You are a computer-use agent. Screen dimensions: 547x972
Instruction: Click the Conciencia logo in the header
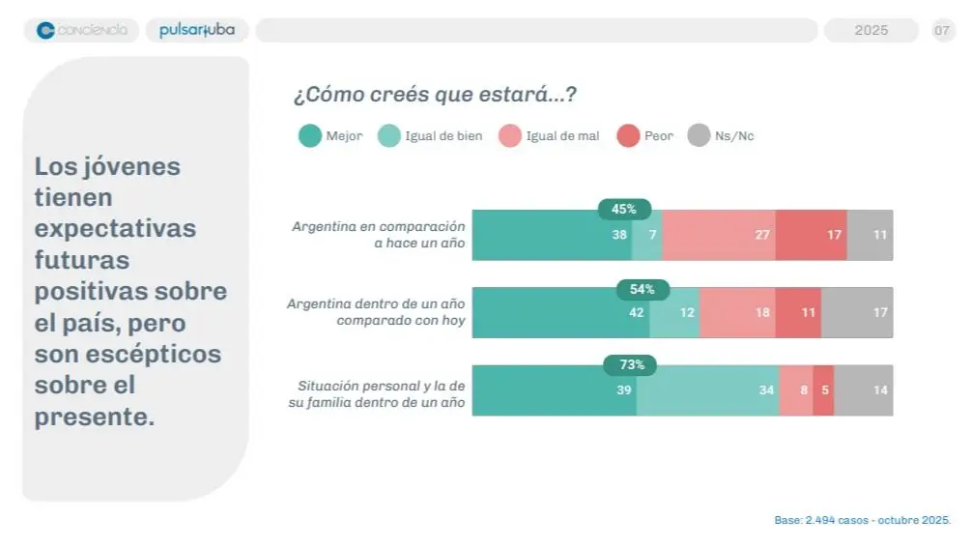[81, 30]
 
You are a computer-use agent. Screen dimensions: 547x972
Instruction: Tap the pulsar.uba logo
[197, 30]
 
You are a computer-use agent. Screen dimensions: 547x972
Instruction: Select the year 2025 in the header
[871, 30]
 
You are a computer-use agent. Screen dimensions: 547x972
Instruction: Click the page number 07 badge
[942, 30]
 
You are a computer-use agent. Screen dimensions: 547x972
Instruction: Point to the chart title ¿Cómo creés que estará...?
[435, 95]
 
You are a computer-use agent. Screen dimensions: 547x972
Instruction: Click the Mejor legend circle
[310, 136]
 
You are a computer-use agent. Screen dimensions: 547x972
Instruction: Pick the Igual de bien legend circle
[388, 136]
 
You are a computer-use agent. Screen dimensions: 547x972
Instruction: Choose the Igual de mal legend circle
[510, 136]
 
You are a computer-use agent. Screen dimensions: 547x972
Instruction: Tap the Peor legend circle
[628, 136]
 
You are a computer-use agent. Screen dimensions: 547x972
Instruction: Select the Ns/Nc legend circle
[699, 136]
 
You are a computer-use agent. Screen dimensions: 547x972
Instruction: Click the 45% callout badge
[624, 209]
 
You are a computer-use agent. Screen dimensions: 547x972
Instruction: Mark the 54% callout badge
[643, 288]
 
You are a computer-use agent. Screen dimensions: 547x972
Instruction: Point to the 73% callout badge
[630, 365]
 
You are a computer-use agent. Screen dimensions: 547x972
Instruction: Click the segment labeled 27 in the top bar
[719, 235]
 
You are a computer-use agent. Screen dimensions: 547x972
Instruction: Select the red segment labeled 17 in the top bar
[812, 235]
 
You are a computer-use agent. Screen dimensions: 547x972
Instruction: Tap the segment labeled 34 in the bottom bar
[708, 390]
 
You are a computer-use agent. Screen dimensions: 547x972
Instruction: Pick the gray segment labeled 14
[864, 390]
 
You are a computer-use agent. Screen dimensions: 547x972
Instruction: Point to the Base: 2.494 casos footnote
[862, 520]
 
